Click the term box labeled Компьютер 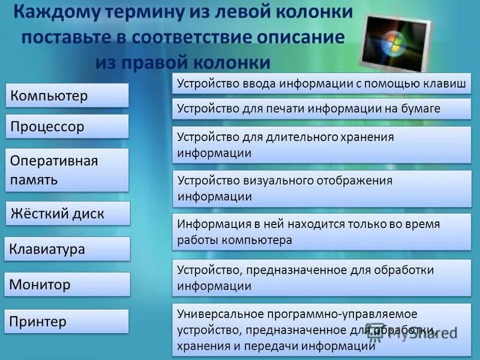[x=67, y=95]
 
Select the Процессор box [x=67, y=127]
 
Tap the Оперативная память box [x=67, y=170]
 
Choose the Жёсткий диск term [x=67, y=214]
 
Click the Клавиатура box [x=67, y=249]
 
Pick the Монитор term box [x=67, y=284]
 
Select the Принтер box [x=67, y=322]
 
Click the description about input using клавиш [x=322, y=84]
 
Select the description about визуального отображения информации [x=322, y=188]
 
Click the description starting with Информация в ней [x=322, y=232]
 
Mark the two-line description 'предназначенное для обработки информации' [x=322, y=278]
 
